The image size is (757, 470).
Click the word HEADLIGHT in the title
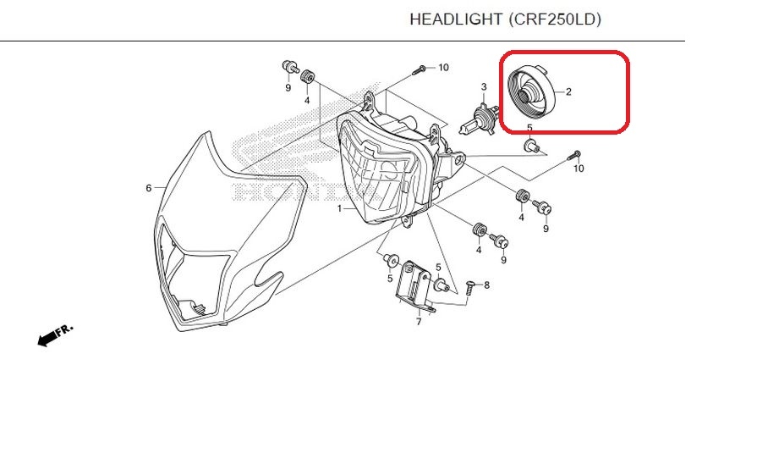point(456,19)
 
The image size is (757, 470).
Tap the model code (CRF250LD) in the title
point(555,19)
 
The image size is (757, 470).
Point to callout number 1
point(339,209)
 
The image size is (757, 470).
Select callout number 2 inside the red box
point(568,91)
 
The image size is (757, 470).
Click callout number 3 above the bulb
point(484,87)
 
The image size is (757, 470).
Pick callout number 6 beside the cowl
point(149,188)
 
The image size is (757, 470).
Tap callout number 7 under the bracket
point(419,322)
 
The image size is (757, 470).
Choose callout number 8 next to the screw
point(486,285)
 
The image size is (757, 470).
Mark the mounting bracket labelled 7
point(415,286)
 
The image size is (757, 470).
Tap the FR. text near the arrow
point(64,329)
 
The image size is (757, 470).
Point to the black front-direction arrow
point(47,338)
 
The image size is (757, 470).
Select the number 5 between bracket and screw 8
point(438,268)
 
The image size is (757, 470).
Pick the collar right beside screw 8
point(442,285)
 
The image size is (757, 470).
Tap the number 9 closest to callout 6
point(288,87)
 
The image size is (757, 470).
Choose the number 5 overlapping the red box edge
point(529,128)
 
